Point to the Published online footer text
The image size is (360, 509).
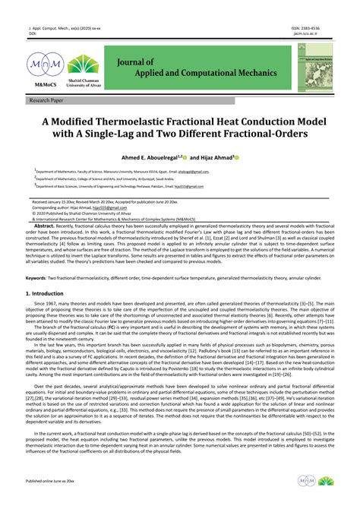coord(50,482)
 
